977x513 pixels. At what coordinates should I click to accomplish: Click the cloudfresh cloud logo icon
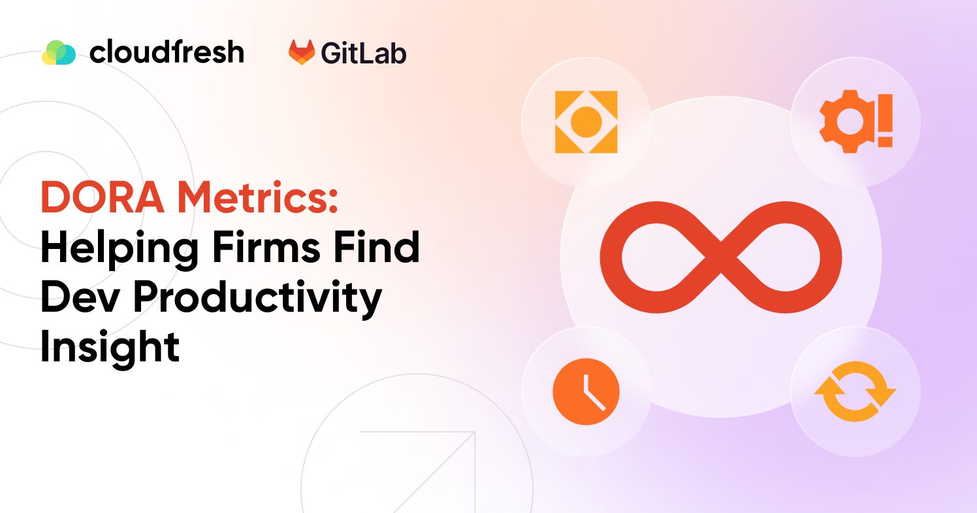tap(59, 52)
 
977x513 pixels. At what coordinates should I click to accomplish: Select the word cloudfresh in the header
tap(167, 52)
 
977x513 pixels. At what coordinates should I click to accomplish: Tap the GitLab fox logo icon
tap(302, 52)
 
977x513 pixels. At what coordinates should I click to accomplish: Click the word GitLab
tap(363, 53)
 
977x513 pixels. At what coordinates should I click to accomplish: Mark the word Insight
tap(110, 347)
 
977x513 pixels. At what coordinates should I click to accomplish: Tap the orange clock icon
tap(586, 391)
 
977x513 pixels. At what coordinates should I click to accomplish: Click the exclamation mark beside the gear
tap(885, 124)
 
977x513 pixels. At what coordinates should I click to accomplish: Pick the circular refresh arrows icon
tap(855, 391)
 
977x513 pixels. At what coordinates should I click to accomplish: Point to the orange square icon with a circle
tap(586, 122)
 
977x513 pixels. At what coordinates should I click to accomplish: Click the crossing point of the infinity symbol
tap(721, 256)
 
